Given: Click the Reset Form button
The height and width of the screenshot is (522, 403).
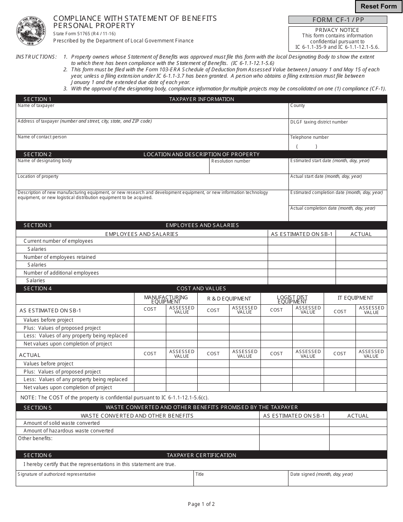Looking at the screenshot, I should (378, 6).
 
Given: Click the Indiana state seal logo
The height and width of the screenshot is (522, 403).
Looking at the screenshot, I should (31, 31).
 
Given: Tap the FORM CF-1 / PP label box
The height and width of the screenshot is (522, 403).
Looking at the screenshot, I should (338, 20).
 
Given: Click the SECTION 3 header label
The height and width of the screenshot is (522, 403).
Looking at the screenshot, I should (38, 225).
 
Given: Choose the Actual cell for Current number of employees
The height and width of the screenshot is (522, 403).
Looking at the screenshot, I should (361, 241).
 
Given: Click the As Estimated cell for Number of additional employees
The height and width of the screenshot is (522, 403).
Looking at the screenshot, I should (302, 273).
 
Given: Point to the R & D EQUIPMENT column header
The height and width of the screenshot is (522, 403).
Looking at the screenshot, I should (229, 299).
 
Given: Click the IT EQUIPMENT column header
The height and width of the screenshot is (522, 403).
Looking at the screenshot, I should (355, 298).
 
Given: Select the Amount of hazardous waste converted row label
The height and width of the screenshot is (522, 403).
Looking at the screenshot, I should (68, 431).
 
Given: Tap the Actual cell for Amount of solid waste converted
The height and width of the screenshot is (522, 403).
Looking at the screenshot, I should (358, 423).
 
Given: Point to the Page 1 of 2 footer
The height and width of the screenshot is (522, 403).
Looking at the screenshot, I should (201, 504).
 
